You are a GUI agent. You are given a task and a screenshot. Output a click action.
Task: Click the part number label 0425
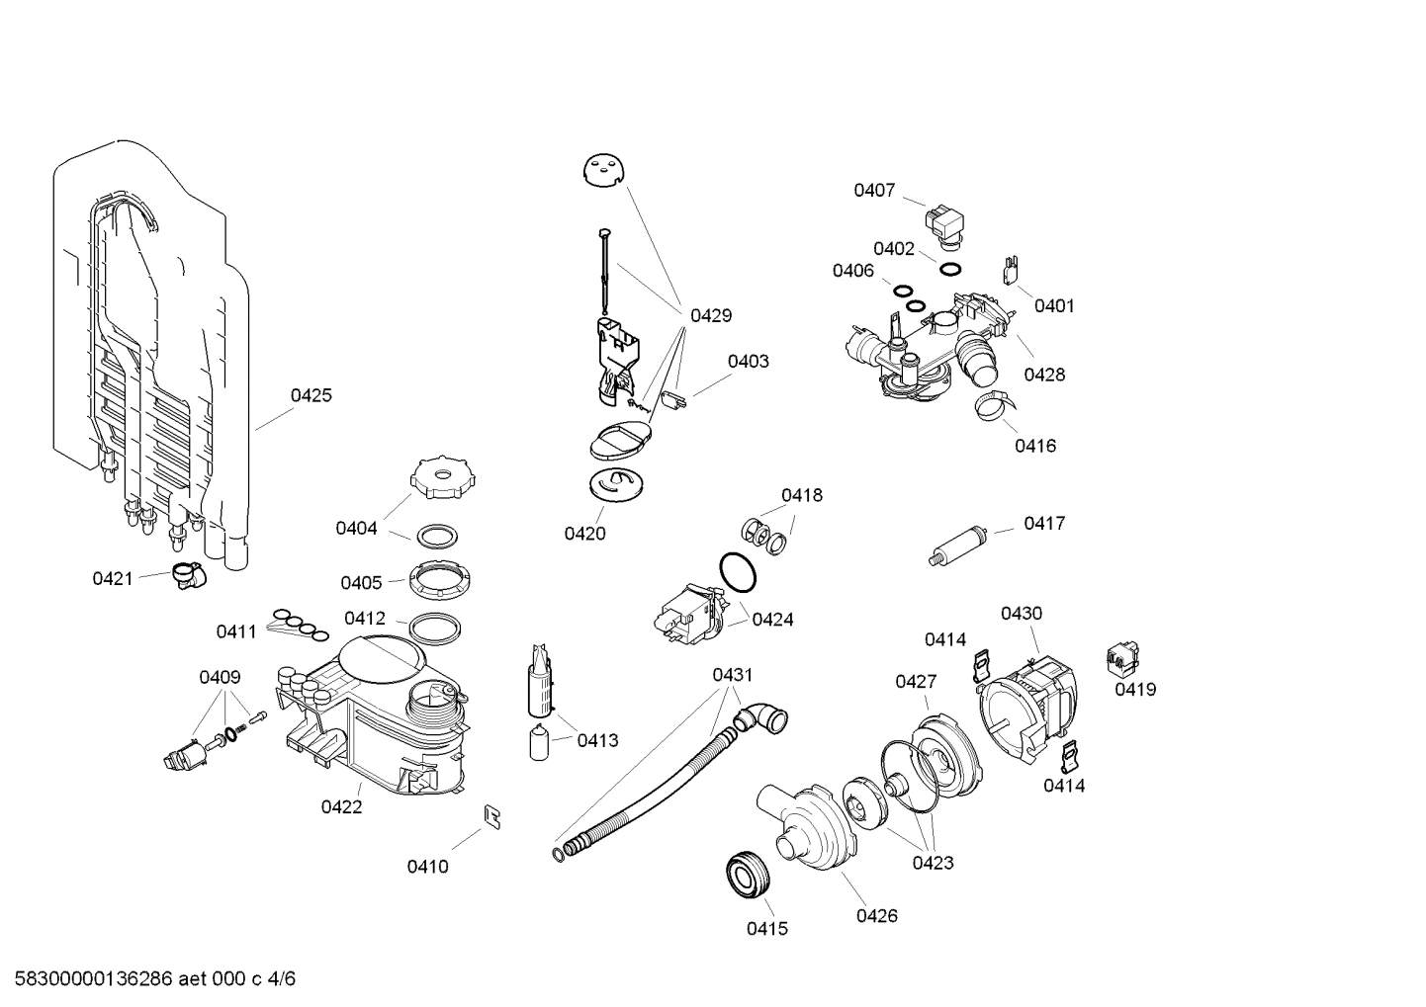[311, 395]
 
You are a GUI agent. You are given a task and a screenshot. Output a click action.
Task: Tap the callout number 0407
[874, 191]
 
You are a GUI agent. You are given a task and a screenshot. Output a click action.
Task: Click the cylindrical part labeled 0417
[958, 546]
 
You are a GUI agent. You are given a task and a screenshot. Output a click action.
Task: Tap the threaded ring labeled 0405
[436, 577]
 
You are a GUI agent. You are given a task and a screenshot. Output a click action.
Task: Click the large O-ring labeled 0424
[737, 571]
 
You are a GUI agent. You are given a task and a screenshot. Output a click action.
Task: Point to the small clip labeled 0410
[491, 814]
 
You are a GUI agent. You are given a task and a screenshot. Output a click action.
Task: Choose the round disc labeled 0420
[615, 484]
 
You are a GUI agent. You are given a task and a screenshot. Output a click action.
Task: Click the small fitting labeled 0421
[184, 573]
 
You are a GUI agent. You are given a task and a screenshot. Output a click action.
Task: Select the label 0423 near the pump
[933, 863]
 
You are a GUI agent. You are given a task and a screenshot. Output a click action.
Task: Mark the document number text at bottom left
[149, 979]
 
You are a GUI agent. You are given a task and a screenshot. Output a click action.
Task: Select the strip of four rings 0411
[299, 624]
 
